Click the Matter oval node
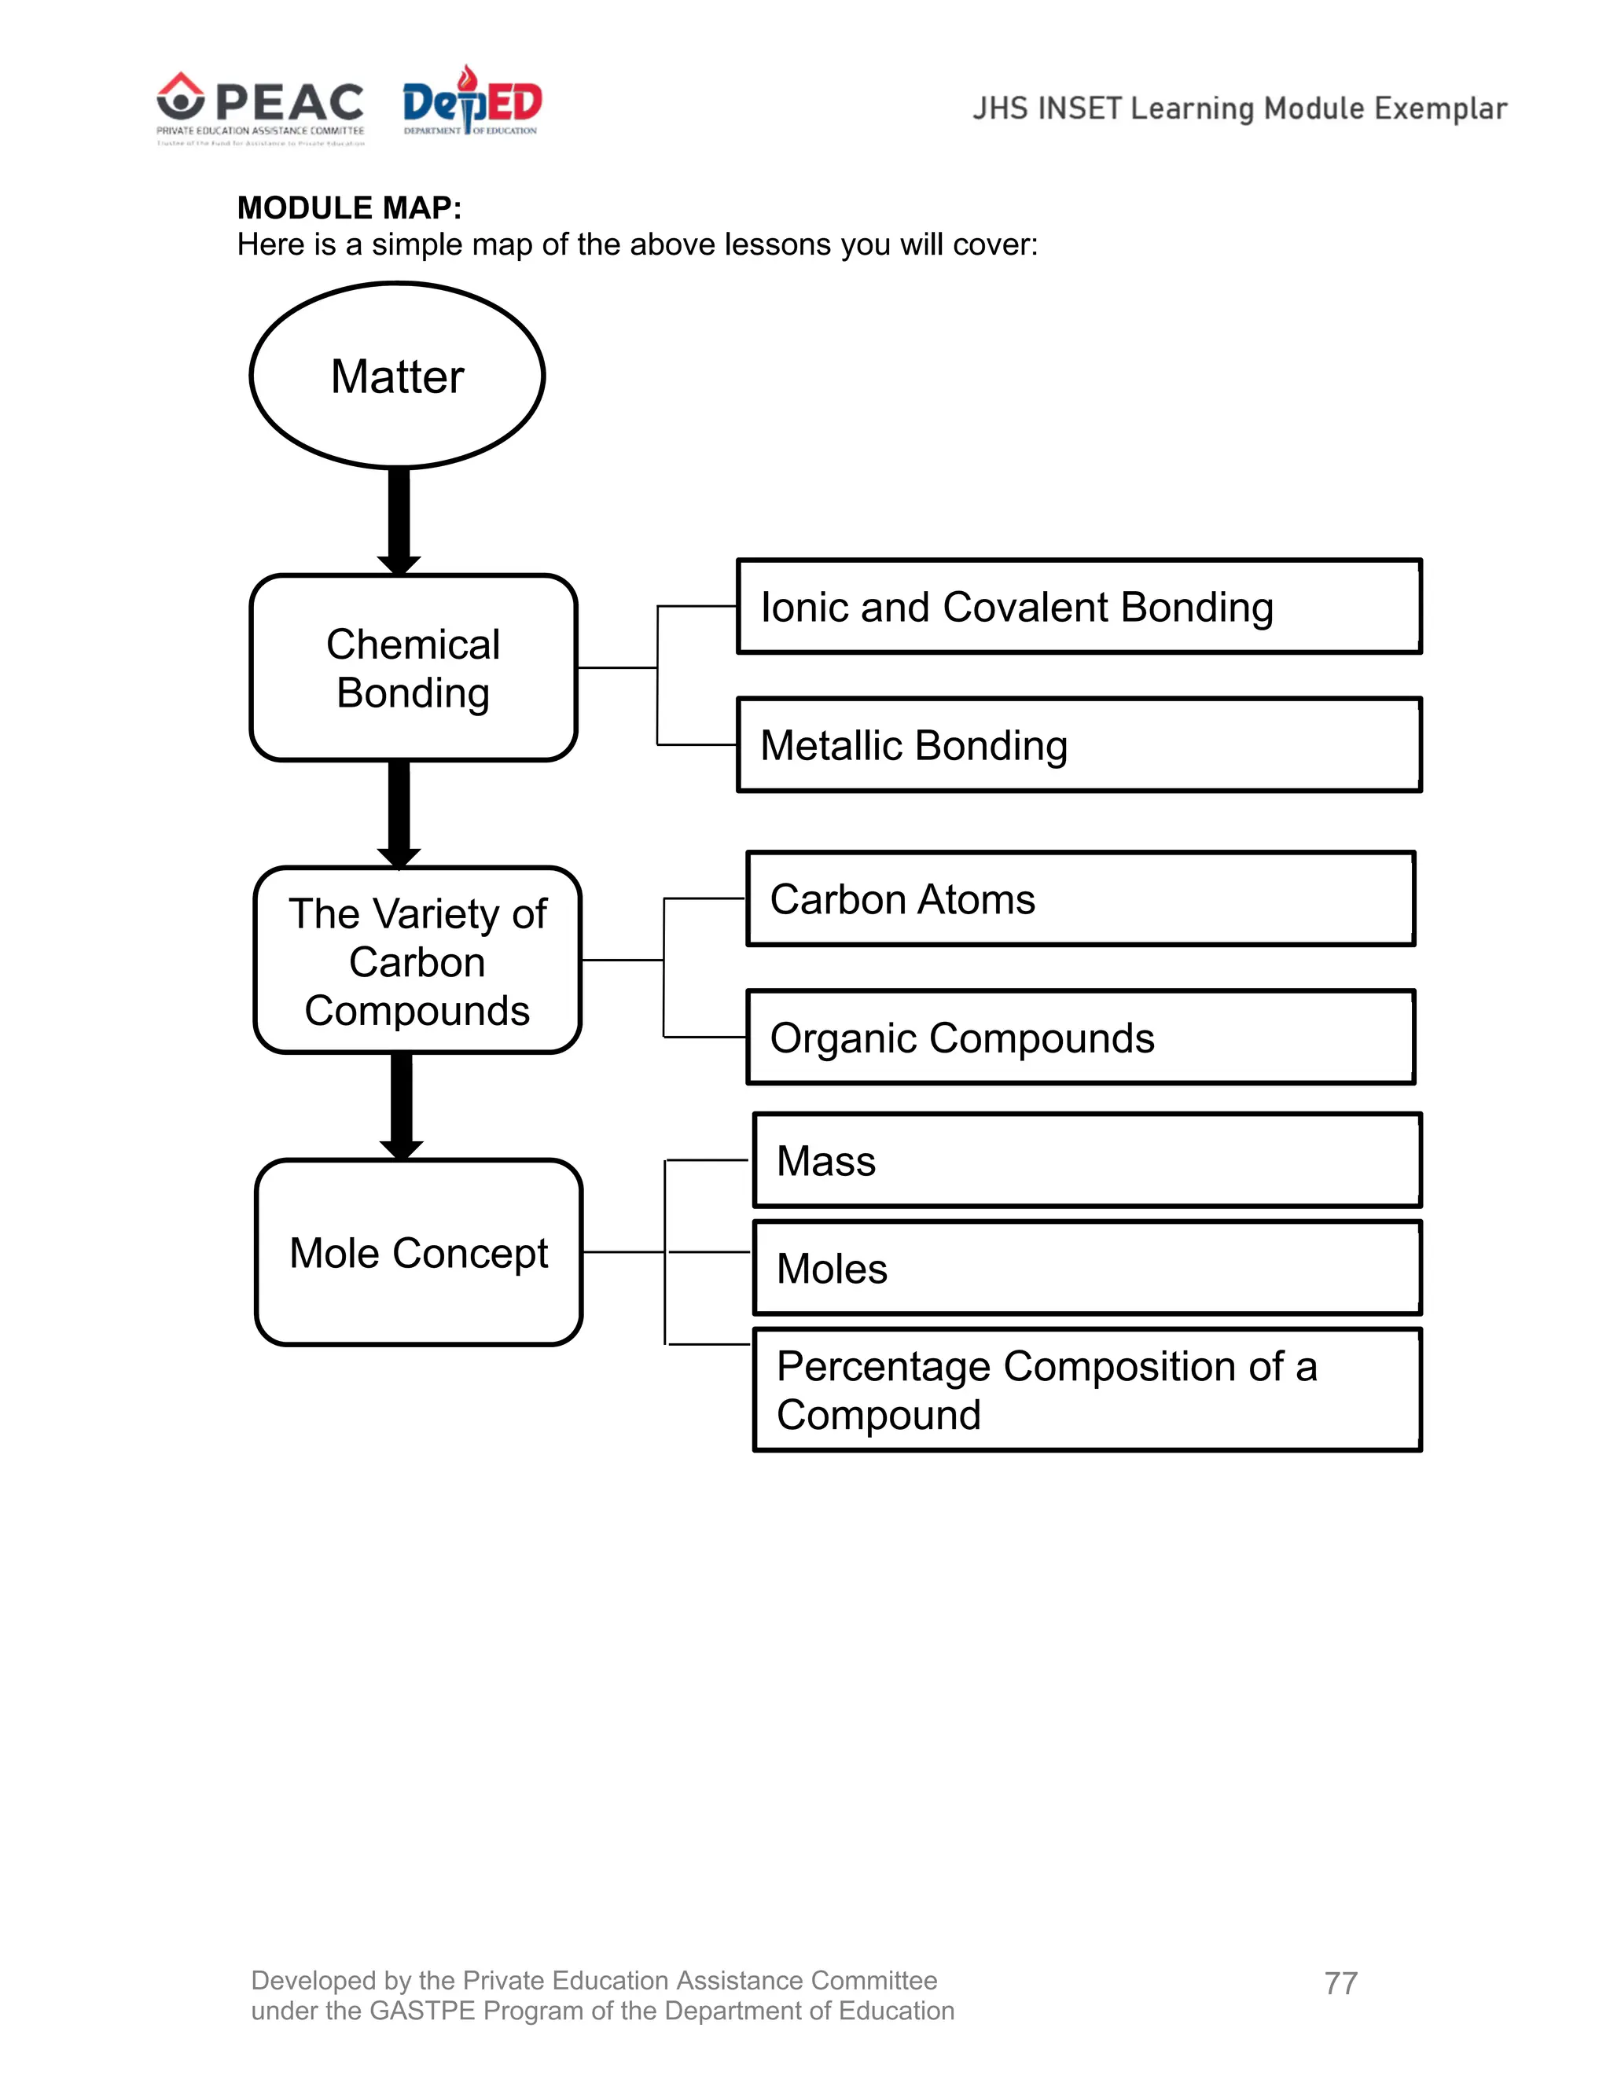(397, 375)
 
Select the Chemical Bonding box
(413, 667)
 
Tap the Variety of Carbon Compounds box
(417, 961)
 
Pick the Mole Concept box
(419, 1252)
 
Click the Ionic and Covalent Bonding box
(1079, 607)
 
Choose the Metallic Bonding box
(1079, 745)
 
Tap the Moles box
(1086, 1269)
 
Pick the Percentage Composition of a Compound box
(1086, 1390)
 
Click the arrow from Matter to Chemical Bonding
(399, 520)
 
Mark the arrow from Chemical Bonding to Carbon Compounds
(399, 813)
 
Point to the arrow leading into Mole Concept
(402, 1105)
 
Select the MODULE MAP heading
(349, 208)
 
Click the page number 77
(1340, 1983)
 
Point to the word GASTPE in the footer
(421, 2011)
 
